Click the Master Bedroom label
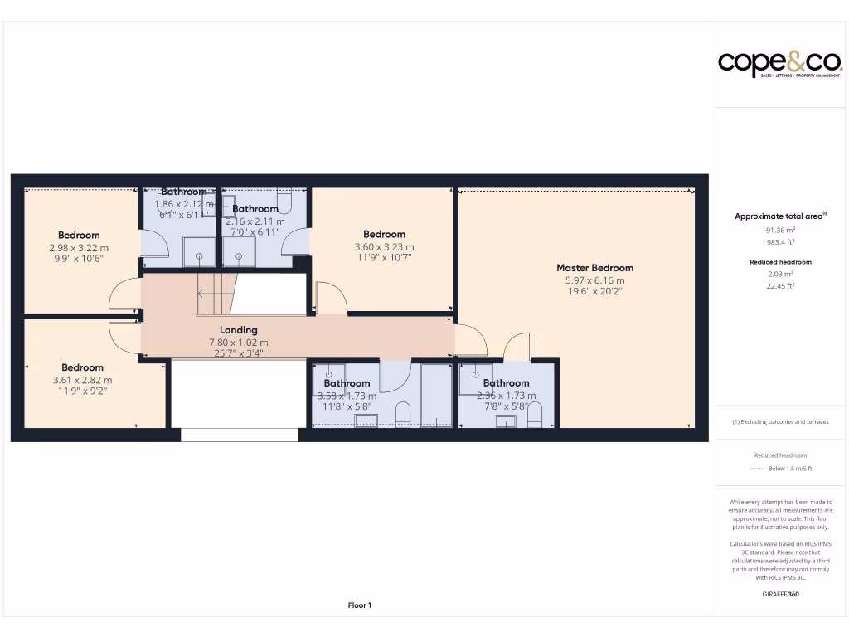[594, 268]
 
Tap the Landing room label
[238, 330]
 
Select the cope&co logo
[779, 63]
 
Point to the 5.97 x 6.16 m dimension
[594, 280]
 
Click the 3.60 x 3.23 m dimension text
[384, 246]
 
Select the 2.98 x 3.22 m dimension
[79, 247]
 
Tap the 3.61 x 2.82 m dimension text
[82, 380]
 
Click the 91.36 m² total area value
[780, 230]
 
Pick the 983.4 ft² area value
[780, 242]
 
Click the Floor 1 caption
[359, 605]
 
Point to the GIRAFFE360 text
[780, 594]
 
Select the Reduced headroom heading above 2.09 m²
[780, 262]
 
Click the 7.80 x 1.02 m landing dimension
[238, 343]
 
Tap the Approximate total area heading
[779, 216]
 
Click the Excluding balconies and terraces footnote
[780, 422]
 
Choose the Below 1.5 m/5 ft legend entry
[789, 469]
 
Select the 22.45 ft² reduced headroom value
[780, 285]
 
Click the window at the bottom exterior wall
[239, 434]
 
